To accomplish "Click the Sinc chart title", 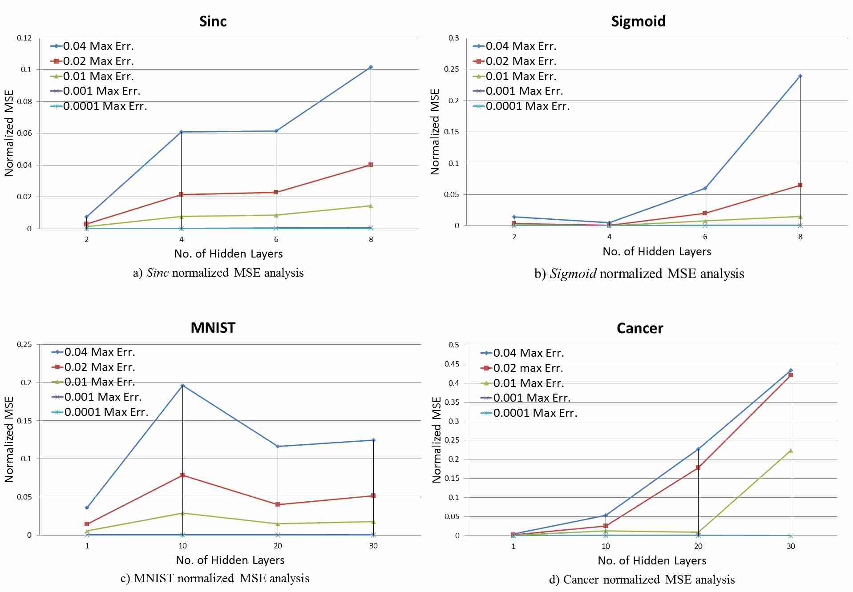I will pyautogui.click(x=213, y=21).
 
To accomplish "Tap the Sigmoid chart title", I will pyautogui.click(x=638, y=21).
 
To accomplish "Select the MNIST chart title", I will pyautogui.click(x=213, y=328).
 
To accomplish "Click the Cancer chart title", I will pyautogui.click(x=639, y=329).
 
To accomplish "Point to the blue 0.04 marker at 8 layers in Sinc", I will pyautogui.click(x=371, y=67).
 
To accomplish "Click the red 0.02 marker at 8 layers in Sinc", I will pyautogui.click(x=371, y=165).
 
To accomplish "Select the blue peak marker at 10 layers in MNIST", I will pyautogui.click(x=182, y=385).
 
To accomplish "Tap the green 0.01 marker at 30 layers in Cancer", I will pyautogui.click(x=790, y=451).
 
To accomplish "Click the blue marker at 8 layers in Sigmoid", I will pyautogui.click(x=800, y=76).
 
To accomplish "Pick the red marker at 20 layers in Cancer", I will pyautogui.click(x=698, y=467).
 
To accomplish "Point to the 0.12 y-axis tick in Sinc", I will pyautogui.click(x=24, y=38).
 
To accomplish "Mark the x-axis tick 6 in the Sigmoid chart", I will pyautogui.click(x=705, y=237).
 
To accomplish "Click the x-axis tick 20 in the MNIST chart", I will pyautogui.click(x=278, y=546).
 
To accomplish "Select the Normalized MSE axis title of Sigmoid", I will pyautogui.click(x=435, y=132).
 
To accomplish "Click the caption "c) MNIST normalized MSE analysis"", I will pyautogui.click(x=215, y=578).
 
